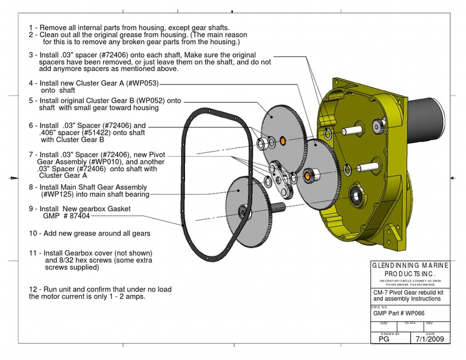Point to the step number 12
pyautogui.click(x=34, y=289)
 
